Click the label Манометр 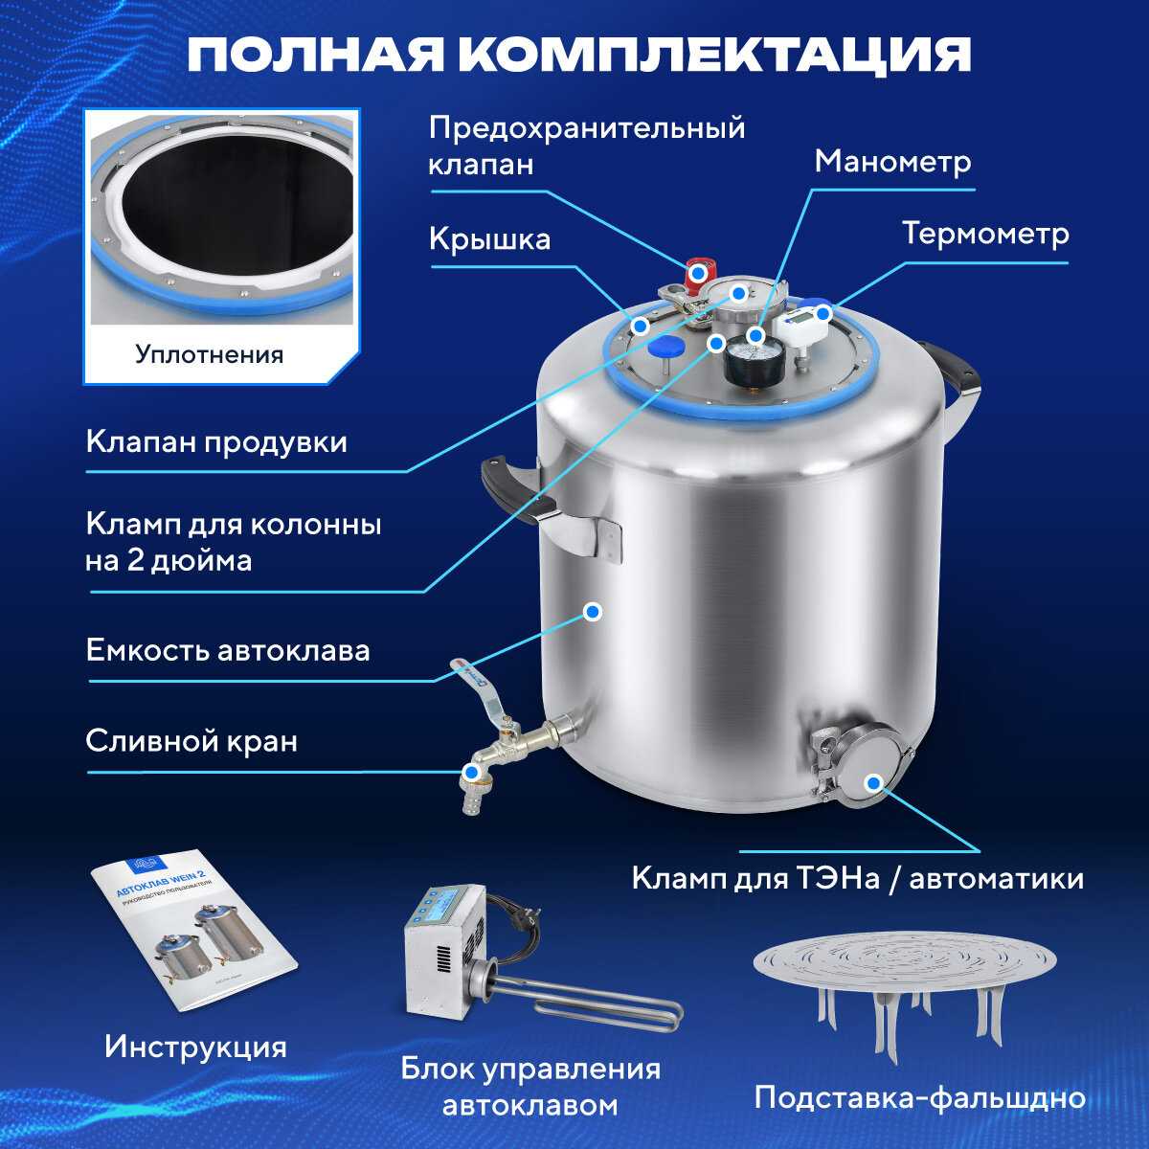click(892, 162)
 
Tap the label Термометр click(985, 234)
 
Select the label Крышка click(489, 240)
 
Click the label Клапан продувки click(216, 442)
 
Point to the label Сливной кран click(191, 742)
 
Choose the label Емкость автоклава click(228, 650)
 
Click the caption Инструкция click(195, 1048)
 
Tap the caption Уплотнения click(210, 355)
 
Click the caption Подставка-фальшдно click(920, 1097)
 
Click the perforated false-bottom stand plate click(905, 957)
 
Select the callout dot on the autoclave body click(592, 612)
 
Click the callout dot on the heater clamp click(874, 783)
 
